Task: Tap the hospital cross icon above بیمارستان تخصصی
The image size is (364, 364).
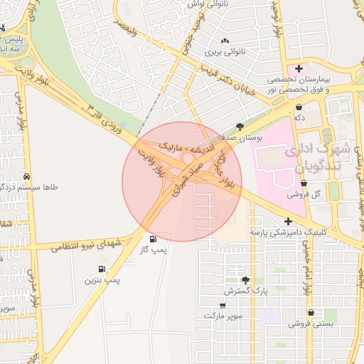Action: coord(299,68)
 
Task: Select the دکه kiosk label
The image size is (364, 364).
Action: coord(299,118)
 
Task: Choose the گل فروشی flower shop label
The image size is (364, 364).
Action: coord(304,193)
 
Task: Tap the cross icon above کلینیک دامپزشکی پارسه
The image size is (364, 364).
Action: coord(288,221)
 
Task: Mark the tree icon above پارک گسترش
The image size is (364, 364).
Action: coord(246,280)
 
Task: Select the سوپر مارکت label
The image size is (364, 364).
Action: coord(223,315)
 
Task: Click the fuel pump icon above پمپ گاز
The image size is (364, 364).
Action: coord(154,238)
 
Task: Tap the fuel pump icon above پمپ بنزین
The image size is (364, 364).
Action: coord(102,269)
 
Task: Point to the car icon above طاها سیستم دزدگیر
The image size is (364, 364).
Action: coord(27,176)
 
